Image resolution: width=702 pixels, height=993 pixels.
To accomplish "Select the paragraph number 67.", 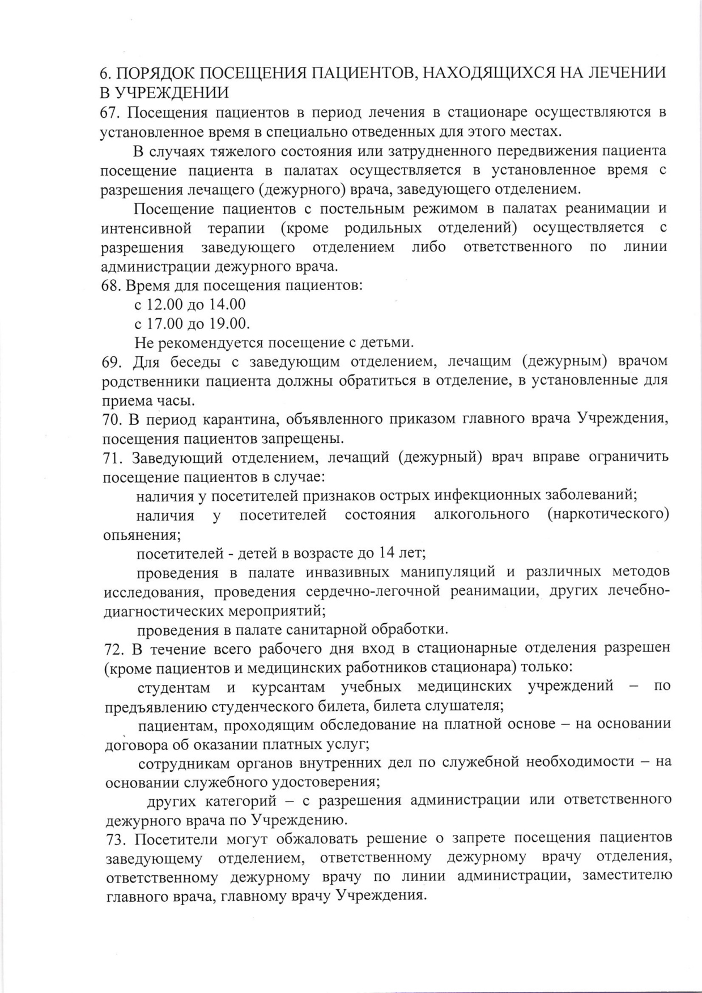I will click(111, 113).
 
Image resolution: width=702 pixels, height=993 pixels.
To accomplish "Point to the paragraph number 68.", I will click(112, 285).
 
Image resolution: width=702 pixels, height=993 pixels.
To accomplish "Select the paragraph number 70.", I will click(112, 420).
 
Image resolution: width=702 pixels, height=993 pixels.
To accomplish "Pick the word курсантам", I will click(288, 687).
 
